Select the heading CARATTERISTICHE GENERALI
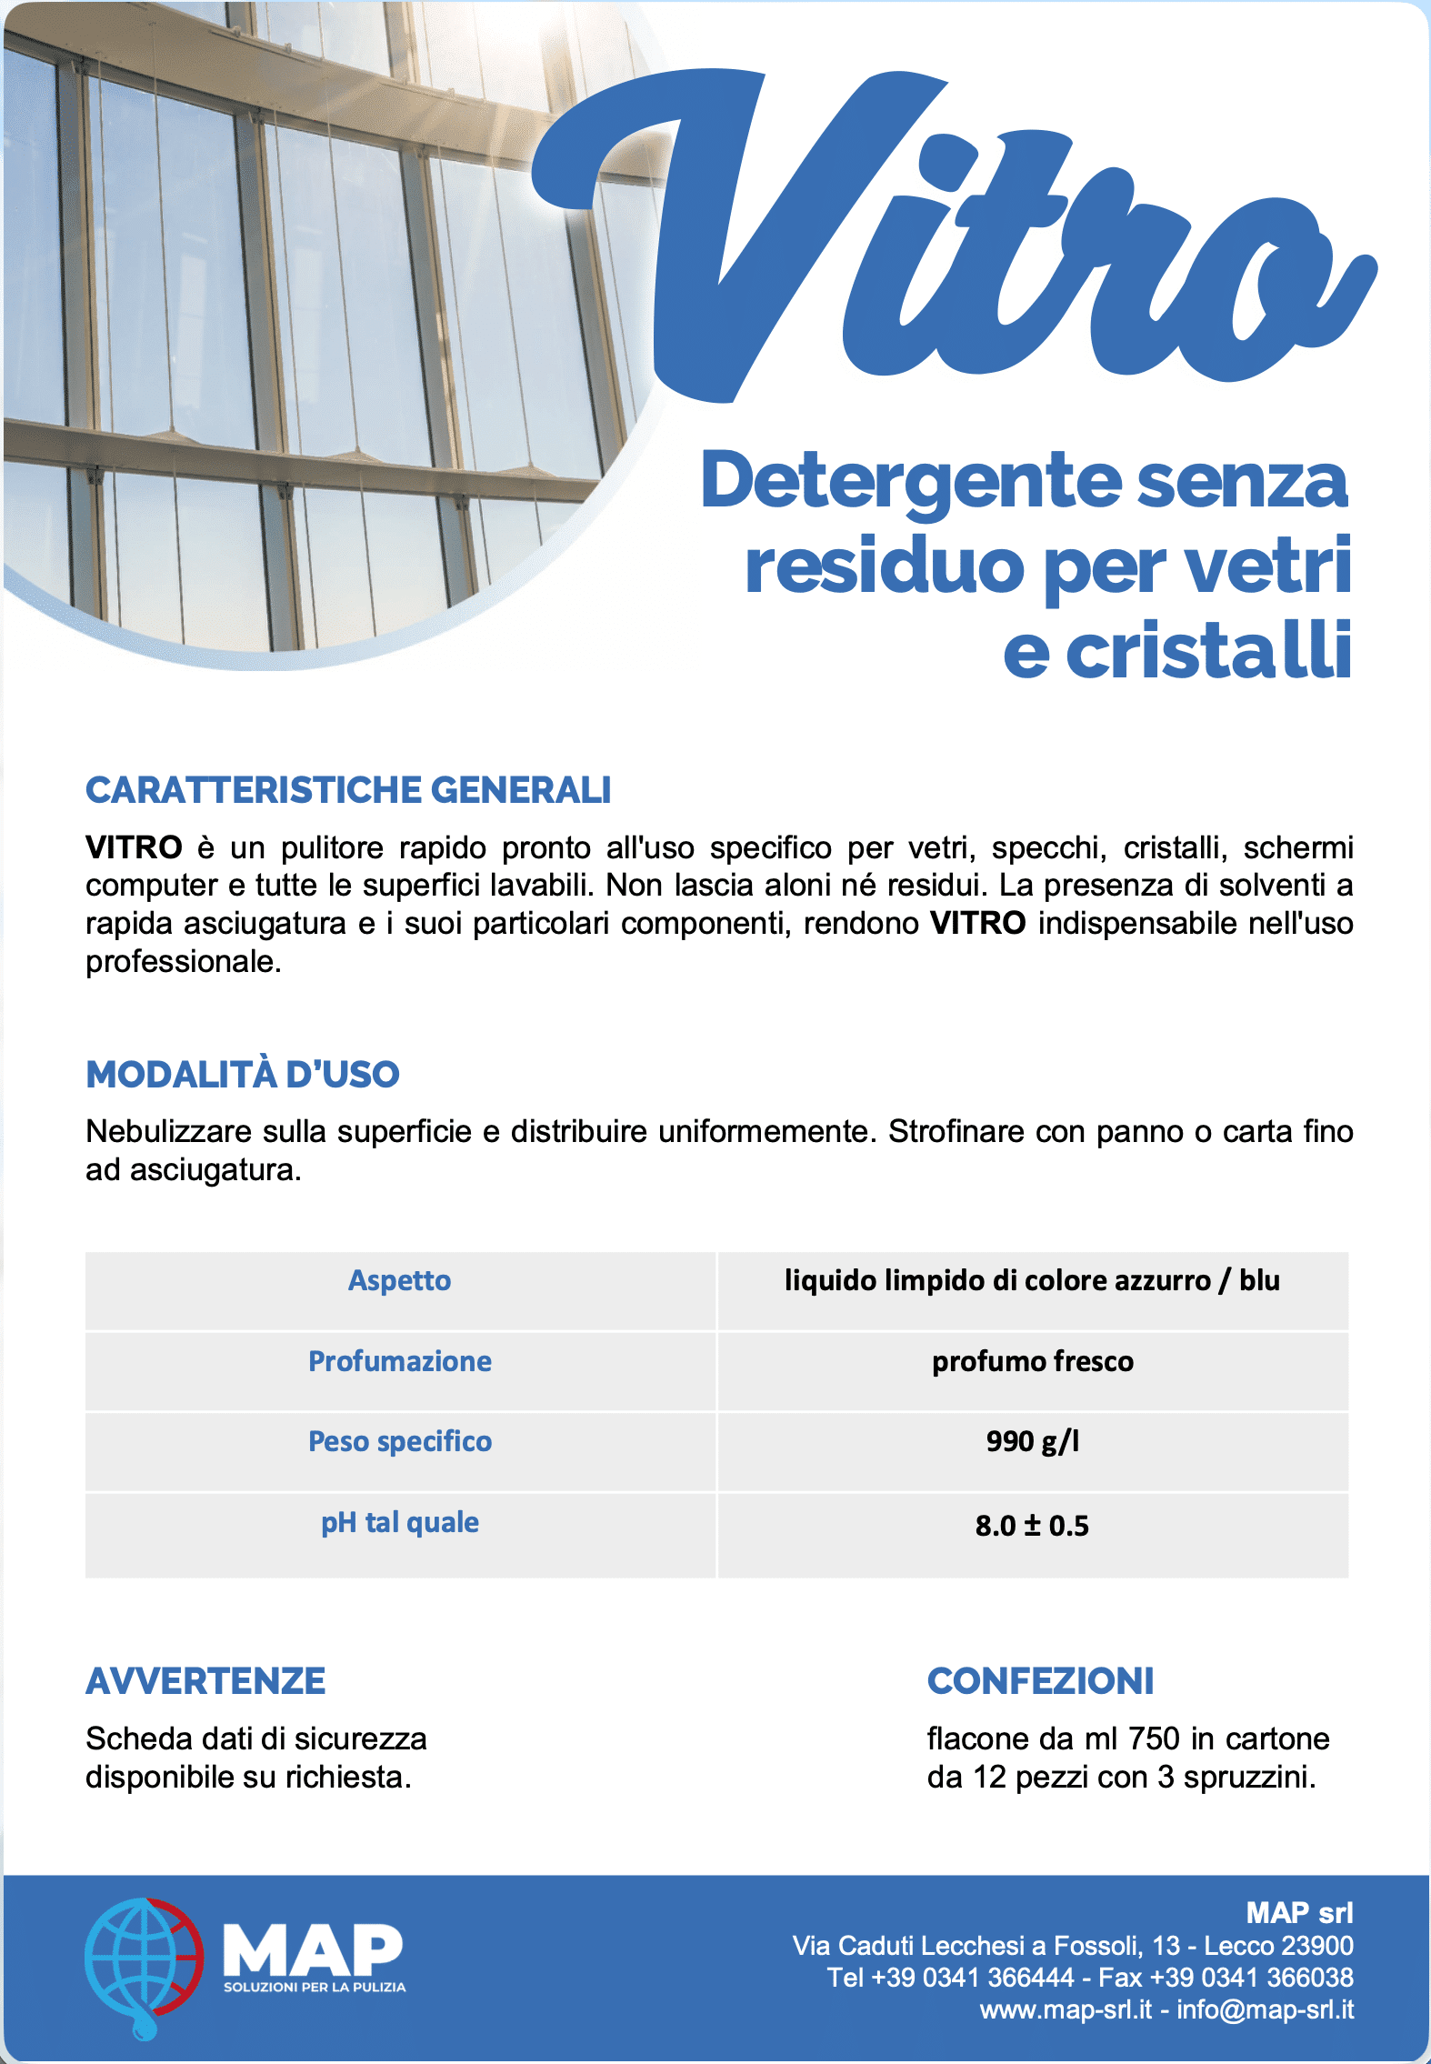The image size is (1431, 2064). click(348, 790)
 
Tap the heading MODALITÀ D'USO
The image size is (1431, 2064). click(243, 1074)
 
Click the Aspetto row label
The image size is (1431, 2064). click(400, 1280)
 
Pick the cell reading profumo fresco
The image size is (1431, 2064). click(1033, 1361)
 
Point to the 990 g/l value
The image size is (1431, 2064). click(1033, 1441)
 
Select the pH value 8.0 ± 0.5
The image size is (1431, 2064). click(1032, 1525)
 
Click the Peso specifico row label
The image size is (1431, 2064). click(400, 1441)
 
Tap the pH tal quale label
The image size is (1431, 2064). click(400, 1522)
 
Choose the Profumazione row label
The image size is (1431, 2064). click(400, 1361)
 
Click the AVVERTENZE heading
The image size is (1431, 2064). click(205, 1681)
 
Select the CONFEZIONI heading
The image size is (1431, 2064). click(1040, 1681)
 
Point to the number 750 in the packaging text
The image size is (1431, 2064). click(1154, 1738)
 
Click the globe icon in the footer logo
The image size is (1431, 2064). click(143, 1967)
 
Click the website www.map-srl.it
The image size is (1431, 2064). click(1066, 2009)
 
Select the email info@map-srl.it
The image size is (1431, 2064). click(1265, 2009)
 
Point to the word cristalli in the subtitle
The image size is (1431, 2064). click(1209, 651)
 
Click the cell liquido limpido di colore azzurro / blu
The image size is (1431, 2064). click(1032, 1280)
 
